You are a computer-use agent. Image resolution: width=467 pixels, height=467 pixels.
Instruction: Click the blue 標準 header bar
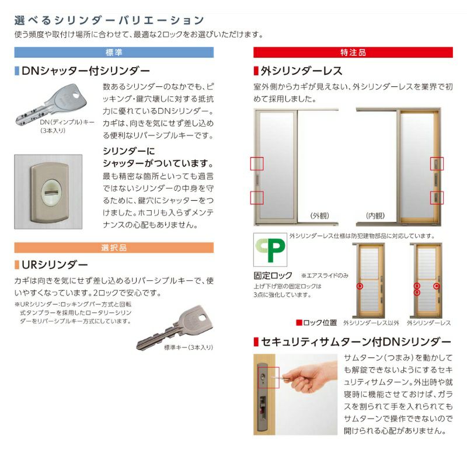[114, 52]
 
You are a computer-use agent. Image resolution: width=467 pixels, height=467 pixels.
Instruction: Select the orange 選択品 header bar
[114, 248]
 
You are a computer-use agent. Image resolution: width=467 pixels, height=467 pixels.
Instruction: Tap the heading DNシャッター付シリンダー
[86, 71]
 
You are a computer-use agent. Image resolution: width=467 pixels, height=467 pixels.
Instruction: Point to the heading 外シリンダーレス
[301, 71]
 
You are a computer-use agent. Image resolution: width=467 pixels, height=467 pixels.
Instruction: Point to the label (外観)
[320, 215]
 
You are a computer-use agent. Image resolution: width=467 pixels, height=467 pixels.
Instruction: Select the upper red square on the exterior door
[257, 164]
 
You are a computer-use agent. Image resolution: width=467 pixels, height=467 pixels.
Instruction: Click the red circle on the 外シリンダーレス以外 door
[360, 287]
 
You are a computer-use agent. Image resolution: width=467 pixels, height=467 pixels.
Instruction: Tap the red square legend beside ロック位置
[299, 322]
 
